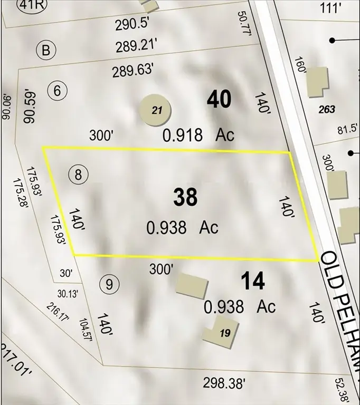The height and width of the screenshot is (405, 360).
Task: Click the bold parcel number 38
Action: pyautogui.click(x=185, y=197)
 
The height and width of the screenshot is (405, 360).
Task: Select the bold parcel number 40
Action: pyautogui.click(x=219, y=100)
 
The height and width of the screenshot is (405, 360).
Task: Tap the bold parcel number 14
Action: pyautogui.click(x=252, y=282)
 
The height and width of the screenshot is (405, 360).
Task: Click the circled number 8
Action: pyautogui.click(x=78, y=175)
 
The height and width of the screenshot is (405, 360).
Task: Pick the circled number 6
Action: pyautogui.click(x=58, y=91)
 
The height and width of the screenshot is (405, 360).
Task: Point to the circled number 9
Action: pyautogui.click(x=109, y=285)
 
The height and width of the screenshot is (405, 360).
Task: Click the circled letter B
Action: pyautogui.click(x=46, y=51)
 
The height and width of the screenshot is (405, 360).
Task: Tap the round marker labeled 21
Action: pyautogui.click(x=156, y=110)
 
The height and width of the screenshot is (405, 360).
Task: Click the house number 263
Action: pyautogui.click(x=327, y=109)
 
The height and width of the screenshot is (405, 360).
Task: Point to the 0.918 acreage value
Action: pyautogui.click(x=182, y=136)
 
